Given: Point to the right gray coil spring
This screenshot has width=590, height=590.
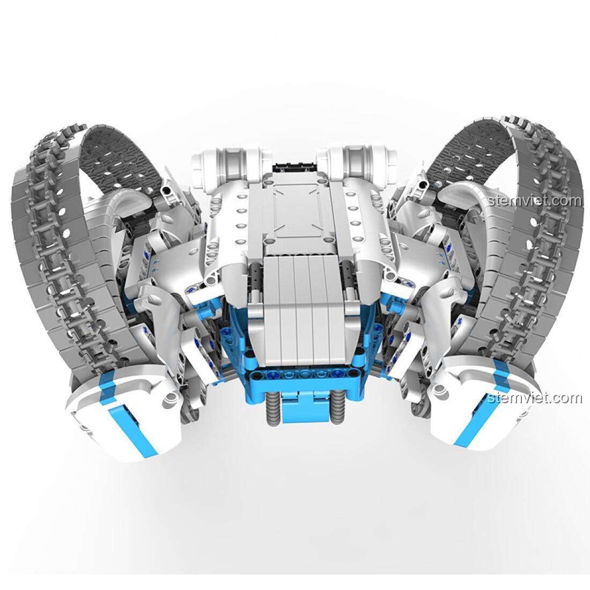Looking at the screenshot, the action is (x=337, y=409).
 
